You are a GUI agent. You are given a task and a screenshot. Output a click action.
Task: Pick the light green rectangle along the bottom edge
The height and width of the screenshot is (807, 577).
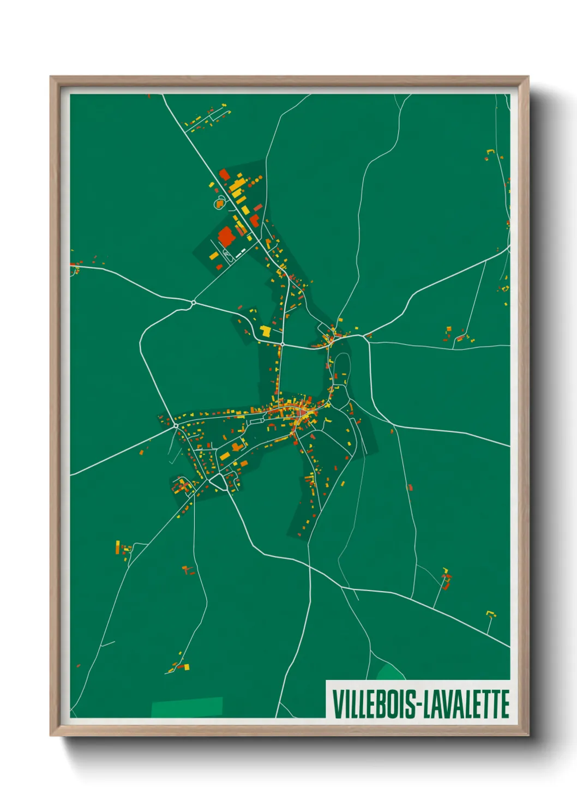[x=187, y=707]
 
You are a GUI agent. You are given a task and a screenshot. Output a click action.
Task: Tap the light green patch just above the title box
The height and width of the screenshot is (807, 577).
[x=389, y=672]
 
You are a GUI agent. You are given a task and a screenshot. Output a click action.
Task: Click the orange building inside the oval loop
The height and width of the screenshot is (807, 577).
[x=219, y=203]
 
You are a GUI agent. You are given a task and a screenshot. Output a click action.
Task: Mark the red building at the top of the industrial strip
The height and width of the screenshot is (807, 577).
[x=224, y=174]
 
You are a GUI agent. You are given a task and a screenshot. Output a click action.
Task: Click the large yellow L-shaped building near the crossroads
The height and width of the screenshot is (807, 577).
[x=266, y=331]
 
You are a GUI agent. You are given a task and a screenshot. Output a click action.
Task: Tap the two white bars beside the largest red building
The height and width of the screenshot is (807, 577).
[x=240, y=252]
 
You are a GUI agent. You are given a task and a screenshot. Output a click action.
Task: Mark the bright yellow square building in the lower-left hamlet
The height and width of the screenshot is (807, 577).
[x=187, y=666]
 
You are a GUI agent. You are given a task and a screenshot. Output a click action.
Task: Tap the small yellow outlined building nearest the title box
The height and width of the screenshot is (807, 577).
[x=491, y=615]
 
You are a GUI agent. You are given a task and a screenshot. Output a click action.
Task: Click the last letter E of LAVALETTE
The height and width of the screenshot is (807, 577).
[x=505, y=704]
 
